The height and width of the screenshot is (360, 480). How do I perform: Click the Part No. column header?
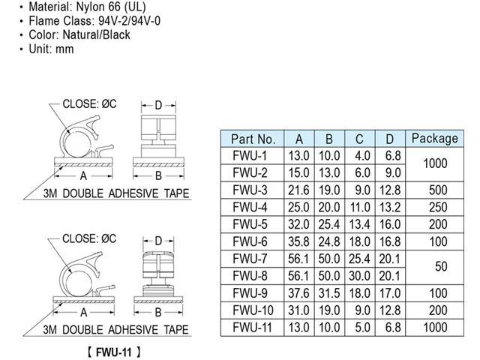point(253,139)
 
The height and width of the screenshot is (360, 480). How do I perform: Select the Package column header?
point(435,138)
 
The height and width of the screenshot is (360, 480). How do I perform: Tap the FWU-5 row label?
point(250,224)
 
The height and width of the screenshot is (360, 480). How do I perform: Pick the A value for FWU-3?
point(298,190)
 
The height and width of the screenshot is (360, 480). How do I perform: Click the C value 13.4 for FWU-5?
point(359,224)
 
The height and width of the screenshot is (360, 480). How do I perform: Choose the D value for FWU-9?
point(390,293)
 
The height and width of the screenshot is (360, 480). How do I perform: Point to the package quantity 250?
point(438,207)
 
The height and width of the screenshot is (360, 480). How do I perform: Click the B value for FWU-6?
point(329,241)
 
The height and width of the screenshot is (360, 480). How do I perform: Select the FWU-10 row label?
point(253,310)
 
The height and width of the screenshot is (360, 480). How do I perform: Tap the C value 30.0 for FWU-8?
point(359,276)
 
